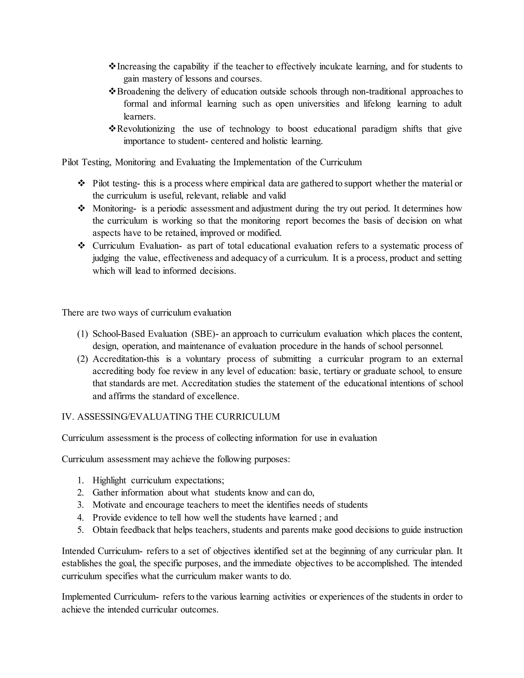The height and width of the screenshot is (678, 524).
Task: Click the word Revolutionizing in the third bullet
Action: point(146,129)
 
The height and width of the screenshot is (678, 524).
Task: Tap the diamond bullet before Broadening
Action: point(112,91)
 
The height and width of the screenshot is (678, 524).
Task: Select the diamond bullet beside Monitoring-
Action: point(81,208)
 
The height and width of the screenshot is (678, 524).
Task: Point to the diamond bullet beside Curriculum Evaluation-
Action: point(81,246)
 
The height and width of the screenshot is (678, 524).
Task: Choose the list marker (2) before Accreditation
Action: point(83,359)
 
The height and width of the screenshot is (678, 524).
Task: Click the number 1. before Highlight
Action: point(81,480)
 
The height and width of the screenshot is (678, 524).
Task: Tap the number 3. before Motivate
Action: point(81,505)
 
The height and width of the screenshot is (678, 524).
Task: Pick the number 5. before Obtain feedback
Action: point(81,530)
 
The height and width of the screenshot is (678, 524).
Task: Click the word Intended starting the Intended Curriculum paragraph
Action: point(79,551)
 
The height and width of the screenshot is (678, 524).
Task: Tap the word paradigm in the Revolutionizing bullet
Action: point(379,129)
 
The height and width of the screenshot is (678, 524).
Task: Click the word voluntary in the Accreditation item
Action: point(203,359)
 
